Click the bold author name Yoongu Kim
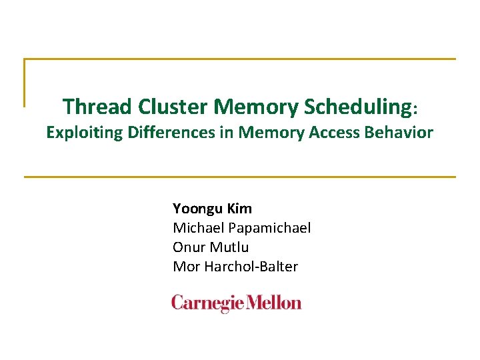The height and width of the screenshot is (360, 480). point(212,209)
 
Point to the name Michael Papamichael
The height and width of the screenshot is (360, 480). point(241,228)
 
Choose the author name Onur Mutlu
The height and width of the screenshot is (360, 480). point(211,247)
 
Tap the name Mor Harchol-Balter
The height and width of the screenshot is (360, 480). point(235,267)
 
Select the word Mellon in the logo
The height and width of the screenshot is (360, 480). point(274,303)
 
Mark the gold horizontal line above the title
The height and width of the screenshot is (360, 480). point(240,59)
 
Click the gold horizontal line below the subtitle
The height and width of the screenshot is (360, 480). point(240,177)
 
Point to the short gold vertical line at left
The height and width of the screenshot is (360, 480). point(25,83)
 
